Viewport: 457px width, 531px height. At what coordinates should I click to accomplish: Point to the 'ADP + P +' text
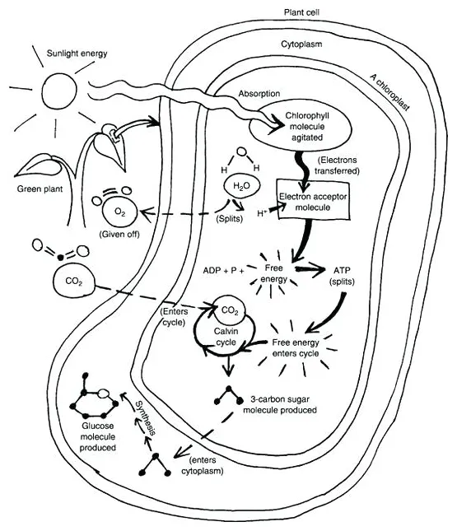[x=223, y=269]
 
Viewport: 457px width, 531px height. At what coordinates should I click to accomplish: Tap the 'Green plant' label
[x=40, y=188]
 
